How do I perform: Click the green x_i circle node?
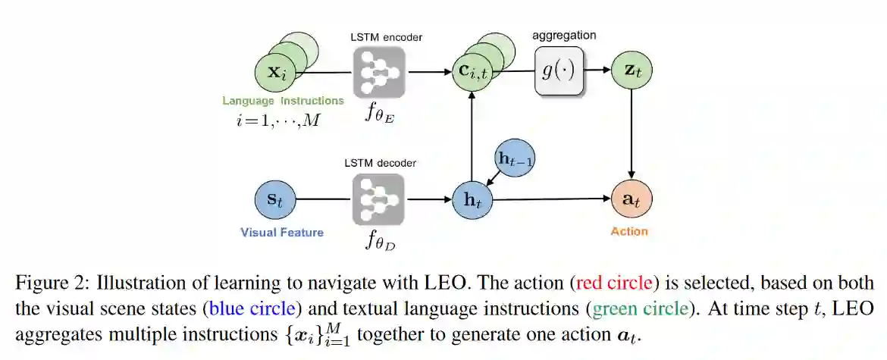point(274,74)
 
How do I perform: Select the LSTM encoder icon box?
point(378,74)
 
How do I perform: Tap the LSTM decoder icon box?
point(378,199)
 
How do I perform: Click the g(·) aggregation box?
point(560,71)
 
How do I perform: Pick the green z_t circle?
point(632,71)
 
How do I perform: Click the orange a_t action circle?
point(631,201)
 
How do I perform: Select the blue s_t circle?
point(274,201)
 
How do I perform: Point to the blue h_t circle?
point(472,201)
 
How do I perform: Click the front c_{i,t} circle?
point(472,74)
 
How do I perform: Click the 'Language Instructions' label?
point(283,100)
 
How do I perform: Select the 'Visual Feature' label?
point(282,233)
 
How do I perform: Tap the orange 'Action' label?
point(630,231)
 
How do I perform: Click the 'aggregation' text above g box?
point(564,36)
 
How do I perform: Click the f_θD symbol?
point(379,243)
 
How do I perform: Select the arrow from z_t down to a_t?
point(632,136)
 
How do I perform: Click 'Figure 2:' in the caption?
point(48,283)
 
